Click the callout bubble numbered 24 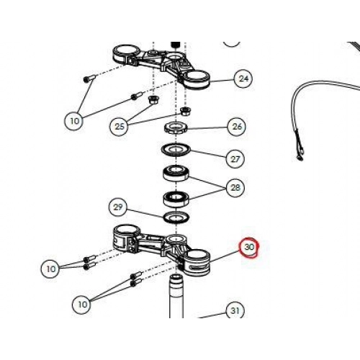[x=243, y=78]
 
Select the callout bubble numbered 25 [x=120, y=126]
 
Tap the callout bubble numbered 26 [x=237, y=127]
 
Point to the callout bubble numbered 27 [x=235, y=158]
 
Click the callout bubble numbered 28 [x=235, y=187]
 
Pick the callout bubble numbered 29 [x=117, y=207]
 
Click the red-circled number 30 [x=249, y=247]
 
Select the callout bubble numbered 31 [x=235, y=310]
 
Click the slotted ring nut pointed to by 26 [x=176, y=128]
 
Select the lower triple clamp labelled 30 [x=161, y=250]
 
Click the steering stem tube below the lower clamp [x=176, y=297]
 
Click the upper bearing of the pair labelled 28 [x=176, y=174]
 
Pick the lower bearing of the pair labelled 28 [x=176, y=199]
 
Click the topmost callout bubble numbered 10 [x=74, y=121]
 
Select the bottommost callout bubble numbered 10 [x=82, y=305]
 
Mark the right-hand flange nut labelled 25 [x=186, y=111]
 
